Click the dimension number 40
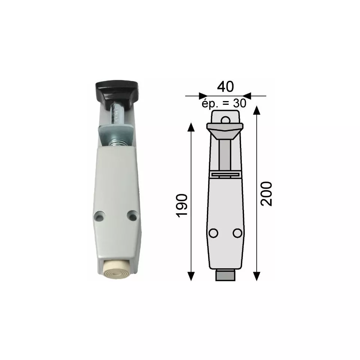tap(225, 86)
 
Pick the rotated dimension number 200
tap(266, 193)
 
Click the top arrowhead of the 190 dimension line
tap(191, 126)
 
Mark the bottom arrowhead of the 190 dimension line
tap(191, 276)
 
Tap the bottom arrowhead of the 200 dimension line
tap(257, 276)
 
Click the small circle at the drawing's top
tap(225, 119)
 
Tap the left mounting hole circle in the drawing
tap(213, 233)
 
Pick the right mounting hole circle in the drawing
tap(237, 233)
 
